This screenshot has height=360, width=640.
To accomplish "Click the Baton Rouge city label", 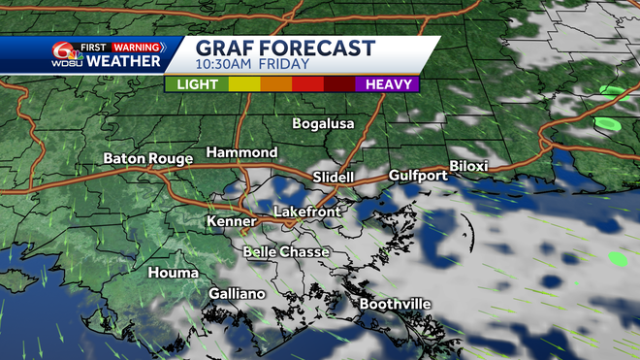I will (x=145, y=158).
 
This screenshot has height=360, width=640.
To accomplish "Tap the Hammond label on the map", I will (x=241, y=153).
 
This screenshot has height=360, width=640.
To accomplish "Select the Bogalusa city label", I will (x=324, y=124).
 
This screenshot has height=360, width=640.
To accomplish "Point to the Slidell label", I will (x=334, y=177).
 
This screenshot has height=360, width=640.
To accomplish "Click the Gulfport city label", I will (x=418, y=176).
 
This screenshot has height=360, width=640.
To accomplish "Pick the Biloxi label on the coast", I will (x=469, y=166).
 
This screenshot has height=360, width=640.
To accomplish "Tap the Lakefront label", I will (x=304, y=212).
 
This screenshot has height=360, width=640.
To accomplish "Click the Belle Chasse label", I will (x=286, y=252).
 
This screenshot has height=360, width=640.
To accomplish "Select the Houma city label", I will (x=172, y=274).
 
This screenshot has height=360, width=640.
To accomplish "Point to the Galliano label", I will (x=237, y=294).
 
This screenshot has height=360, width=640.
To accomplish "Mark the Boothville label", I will (x=394, y=305).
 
